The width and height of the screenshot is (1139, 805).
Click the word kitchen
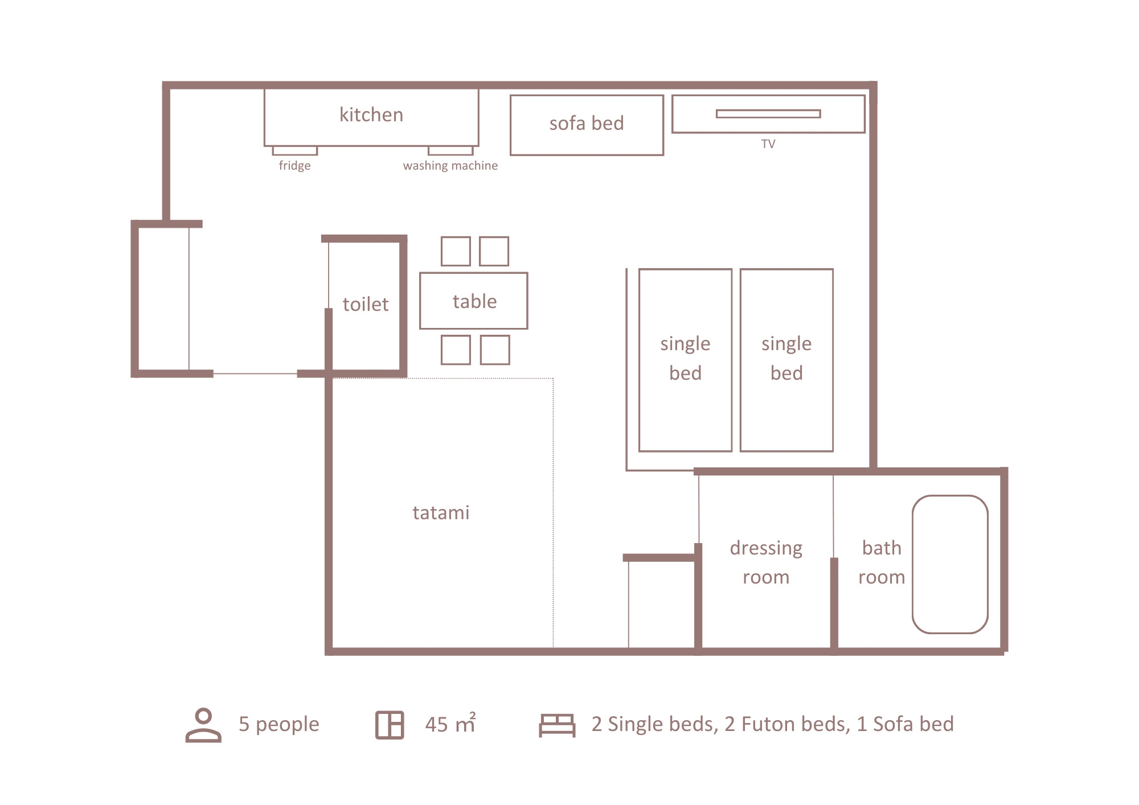coord(371,114)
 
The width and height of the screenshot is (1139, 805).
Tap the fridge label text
coord(294,166)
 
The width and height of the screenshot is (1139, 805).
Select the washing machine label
coord(450,166)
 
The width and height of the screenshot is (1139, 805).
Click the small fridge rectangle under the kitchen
coord(295,151)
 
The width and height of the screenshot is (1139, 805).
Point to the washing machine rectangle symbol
coord(450,151)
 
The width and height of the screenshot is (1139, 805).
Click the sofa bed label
coord(587,123)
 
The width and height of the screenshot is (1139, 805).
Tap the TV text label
coord(768,144)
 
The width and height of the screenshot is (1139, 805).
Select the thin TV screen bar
coord(768,114)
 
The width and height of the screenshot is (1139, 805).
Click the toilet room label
coord(366,304)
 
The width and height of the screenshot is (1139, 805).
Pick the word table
coord(475,301)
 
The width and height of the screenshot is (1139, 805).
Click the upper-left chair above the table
coord(456,251)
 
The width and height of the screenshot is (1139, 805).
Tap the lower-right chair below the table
coord(495,350)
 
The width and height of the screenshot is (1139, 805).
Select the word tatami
coord(441,512)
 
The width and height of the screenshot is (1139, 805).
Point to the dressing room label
coord(766,562)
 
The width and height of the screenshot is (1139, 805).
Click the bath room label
coord(882,562)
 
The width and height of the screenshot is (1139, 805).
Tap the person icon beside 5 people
coord(203,725)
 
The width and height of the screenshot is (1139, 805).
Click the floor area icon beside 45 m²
coord(390,725)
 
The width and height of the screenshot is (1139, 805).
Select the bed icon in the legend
coord(558,725)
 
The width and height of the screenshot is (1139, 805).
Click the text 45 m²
coord(450,724)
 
